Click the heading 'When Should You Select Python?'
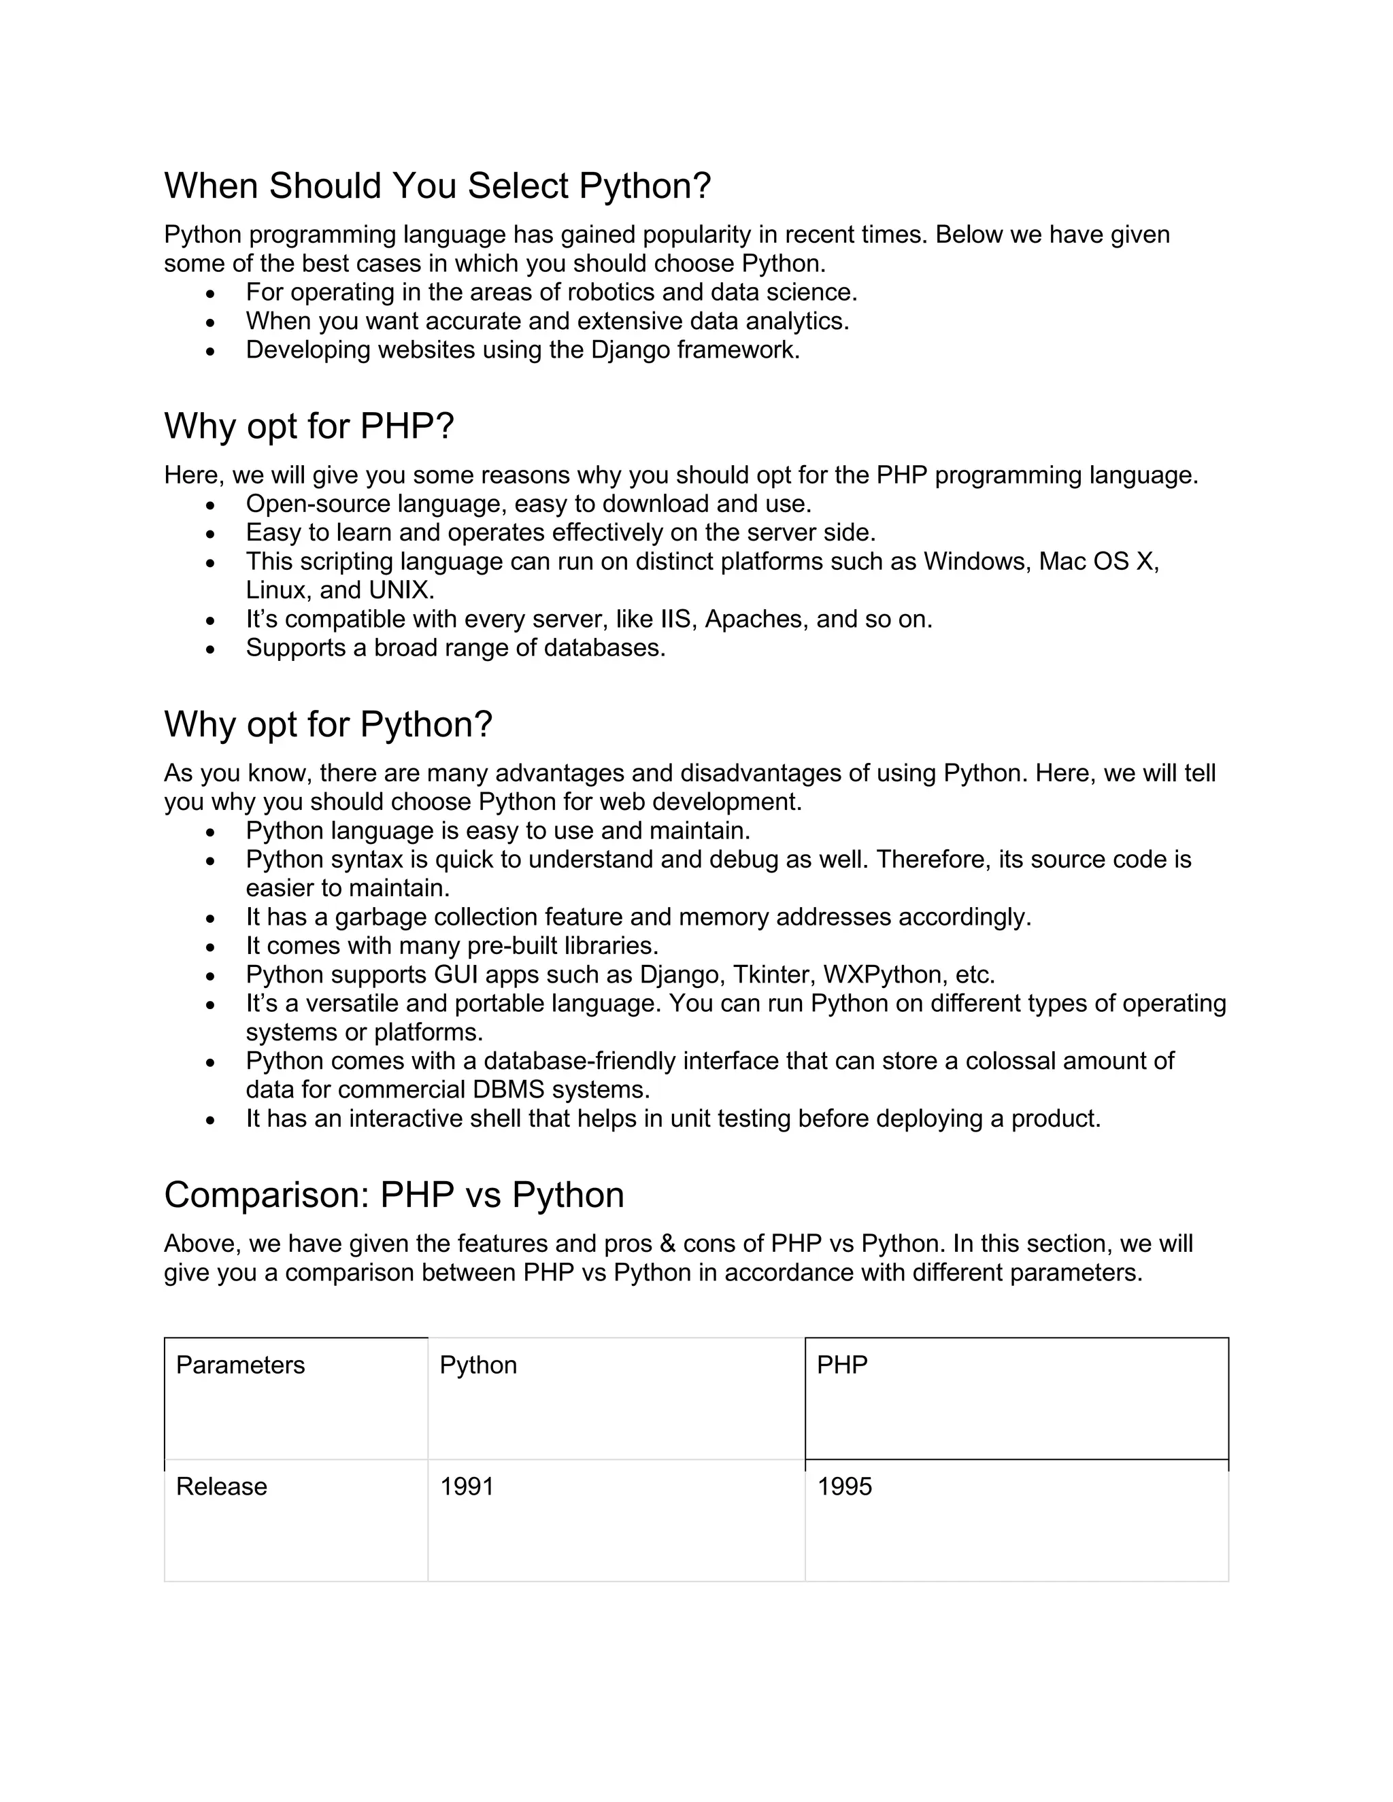click(x=437, y=186)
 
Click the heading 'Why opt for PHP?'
click(x=309, y=426)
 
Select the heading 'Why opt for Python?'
click(x=328, y=724)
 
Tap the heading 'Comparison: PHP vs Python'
click(x=394, y=1195)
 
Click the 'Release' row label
click(x=221, y=1486)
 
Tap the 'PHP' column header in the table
click(x=842, y=1365)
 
